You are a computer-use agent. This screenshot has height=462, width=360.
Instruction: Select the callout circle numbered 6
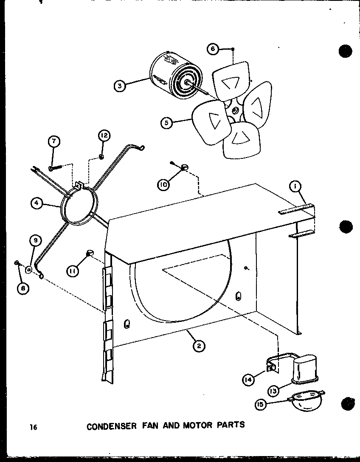coord(214,49)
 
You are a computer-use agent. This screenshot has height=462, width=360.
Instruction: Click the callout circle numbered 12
coord(104,136)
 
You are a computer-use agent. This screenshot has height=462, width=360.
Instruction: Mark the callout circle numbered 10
coord(163,184)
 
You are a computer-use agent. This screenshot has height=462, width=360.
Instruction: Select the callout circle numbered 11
coord(72,270)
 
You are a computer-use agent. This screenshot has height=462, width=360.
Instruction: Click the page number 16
coord(34,426)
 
